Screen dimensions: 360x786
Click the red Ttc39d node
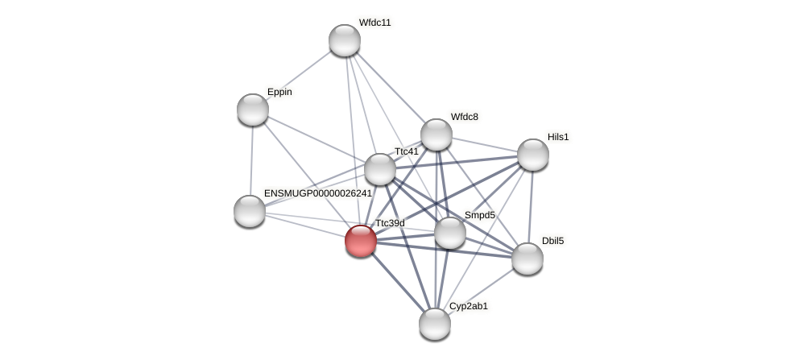coord(360,240)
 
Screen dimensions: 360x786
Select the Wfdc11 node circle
coord(345,40)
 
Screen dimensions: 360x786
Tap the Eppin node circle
coord(253,110)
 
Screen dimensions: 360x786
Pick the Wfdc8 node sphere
coord(436,134)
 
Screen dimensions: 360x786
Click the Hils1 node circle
coord(532,155)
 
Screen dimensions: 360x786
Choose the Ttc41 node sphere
coord(380,169)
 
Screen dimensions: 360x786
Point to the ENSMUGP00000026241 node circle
coord(250,211)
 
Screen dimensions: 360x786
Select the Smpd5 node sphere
coord(450,233)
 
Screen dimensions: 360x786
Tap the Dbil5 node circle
coord(527,259)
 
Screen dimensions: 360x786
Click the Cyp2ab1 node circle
coord(435,324)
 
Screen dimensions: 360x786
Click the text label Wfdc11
coord(374,23)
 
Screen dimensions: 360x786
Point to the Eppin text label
coord(279,92)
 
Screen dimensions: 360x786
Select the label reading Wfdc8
coord(464,117)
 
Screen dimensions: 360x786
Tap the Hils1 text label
coord(558,137)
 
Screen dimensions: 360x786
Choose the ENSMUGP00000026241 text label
coord(317,193)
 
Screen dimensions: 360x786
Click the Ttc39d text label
coord(390,223)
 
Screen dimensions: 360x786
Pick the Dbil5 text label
coord(552,241)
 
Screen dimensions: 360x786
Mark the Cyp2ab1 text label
coord(468,306)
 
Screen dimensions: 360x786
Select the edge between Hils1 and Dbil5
coord(530,206)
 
